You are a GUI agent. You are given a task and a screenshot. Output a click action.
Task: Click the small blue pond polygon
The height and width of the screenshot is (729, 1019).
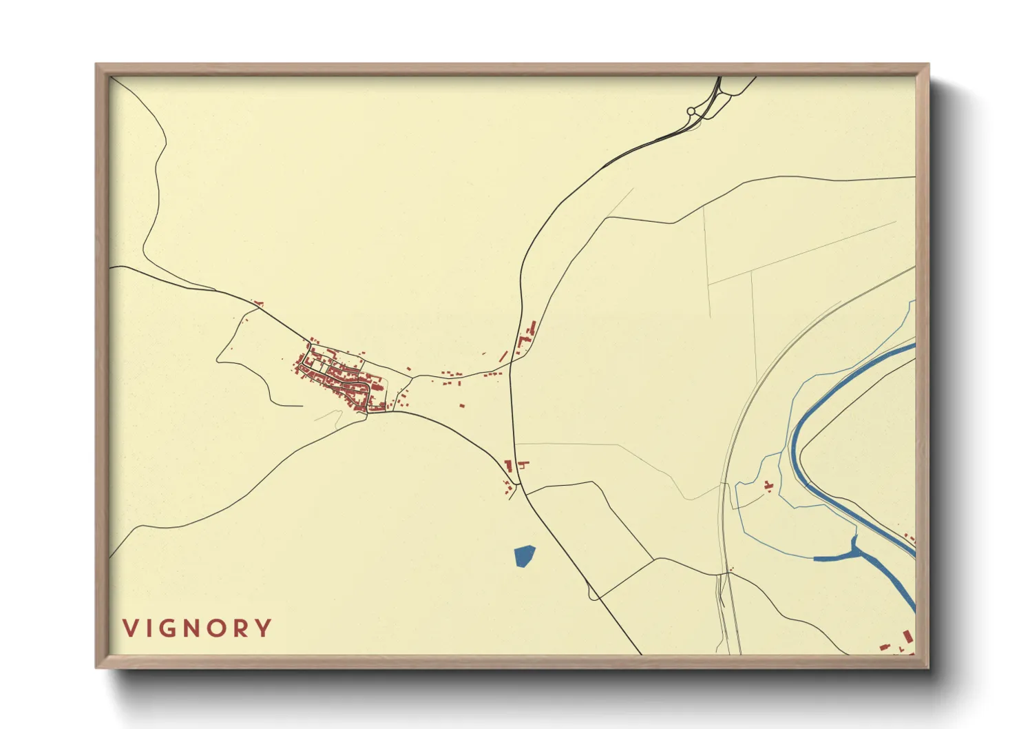click(x=525, y=555)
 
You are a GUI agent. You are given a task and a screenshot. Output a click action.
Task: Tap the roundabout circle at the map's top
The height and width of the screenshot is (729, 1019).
click(x=691, y=111)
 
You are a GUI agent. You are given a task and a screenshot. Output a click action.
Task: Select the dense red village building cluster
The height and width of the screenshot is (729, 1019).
click(x=337, y=379)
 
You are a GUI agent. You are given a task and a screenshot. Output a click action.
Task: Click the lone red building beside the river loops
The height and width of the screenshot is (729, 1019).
click(x=768, y=486)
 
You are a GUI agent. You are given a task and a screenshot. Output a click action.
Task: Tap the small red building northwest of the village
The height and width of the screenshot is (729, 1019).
click(x=259, y=302)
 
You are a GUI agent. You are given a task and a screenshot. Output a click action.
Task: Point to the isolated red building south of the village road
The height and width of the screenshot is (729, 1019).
click(x=462, y=405)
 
